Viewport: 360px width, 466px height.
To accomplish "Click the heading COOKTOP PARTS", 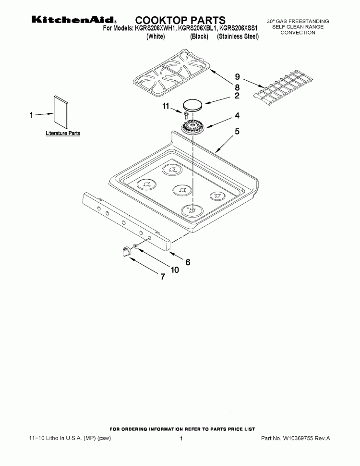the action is coord(180,20).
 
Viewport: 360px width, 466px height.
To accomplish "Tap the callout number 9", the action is coord(237,77).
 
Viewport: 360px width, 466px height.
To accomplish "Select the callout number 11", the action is coord(166,106).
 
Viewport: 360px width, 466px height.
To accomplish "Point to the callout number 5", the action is coord(237,131).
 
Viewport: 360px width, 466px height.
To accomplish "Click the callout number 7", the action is coord(162,276).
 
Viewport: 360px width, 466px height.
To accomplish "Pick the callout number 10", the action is coord(175,270).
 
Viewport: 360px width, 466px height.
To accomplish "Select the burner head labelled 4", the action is coord(193,128).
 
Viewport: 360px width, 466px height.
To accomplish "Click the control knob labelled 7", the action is coord(126,251).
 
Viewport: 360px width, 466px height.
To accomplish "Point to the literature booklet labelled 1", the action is coord(61,112).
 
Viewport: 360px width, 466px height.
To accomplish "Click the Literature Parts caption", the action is coord(63,133).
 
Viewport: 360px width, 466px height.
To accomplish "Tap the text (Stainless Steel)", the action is coord(238,37).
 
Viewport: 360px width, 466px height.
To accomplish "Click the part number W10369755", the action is coord(298,438).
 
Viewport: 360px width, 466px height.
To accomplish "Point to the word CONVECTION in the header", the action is coord(298,33).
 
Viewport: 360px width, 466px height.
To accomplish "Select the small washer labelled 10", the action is coord(135,246).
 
